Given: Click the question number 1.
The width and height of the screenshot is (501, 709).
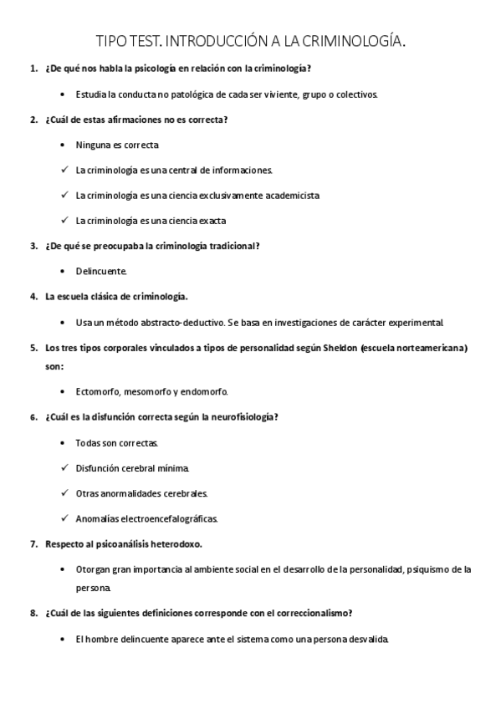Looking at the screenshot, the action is (x=33, y=68).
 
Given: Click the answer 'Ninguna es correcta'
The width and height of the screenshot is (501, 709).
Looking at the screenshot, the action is (x=111, y=145).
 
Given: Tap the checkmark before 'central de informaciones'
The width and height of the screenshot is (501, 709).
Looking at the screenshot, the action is (x=64, y=170).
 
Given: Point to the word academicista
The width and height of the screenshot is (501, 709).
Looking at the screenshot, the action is (x=290, y=196).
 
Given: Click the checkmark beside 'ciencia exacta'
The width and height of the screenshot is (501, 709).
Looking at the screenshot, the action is (x=64, y=221).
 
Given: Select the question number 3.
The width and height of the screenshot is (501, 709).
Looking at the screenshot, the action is (x=33, y=246).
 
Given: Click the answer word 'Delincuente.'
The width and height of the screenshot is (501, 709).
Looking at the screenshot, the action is (x=101, y=272).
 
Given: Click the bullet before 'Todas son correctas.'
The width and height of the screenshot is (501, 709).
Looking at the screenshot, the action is (x=64, y=442).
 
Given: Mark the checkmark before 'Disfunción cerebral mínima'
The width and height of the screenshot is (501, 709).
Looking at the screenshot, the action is (x=64, y=467).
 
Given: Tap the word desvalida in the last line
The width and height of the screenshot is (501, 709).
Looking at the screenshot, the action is (x=368, y=640).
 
